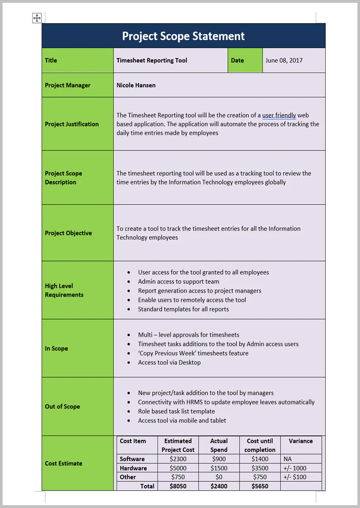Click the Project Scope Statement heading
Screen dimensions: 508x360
(x=183, y=36)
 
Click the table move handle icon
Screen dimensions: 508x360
(x=37, y=18)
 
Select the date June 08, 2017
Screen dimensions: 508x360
(x=284, y=61)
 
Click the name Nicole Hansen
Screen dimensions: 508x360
(x=136, y=85)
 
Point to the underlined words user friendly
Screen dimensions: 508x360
(x=279, y=115)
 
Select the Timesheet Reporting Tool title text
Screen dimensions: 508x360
(x=152, y=61)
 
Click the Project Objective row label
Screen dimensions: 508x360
(x=68, y=233)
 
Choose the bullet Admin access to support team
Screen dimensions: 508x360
(x=178, y=282)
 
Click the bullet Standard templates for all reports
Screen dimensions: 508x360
(x=183, y=309)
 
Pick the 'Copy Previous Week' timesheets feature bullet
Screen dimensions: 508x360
(x=193, y=353)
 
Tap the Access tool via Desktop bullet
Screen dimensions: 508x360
(x=169, y=362)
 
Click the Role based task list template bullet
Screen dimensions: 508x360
(x=176, y=411)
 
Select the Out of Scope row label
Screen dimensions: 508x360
(x=62, y=406)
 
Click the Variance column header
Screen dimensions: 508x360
(x=301, y=441)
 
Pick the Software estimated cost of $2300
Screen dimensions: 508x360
(x=178, y=459)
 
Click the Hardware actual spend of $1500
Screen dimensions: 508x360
(x=219, y=468)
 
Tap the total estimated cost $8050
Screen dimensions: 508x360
(x=178, y=486)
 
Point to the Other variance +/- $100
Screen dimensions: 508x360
(x=295, y=477)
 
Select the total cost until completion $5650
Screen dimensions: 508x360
(x=260, y=486)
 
